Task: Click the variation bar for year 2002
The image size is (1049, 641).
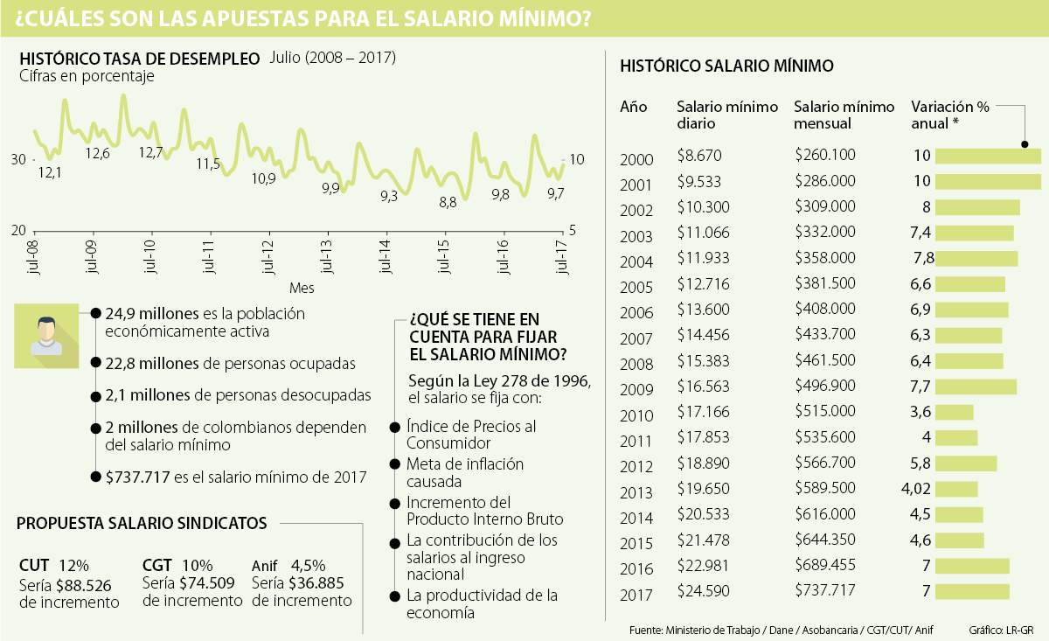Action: (977, 207)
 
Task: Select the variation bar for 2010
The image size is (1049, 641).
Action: (954, 412)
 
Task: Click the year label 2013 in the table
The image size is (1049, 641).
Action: (636, 492)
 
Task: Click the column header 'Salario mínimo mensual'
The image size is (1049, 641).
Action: (844, 115)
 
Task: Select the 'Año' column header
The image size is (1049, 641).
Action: (633, 107)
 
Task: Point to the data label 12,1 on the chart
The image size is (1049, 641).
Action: (50, 172)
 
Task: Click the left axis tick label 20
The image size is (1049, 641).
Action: (17, 230)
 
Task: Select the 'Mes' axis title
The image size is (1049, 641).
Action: (302, 287)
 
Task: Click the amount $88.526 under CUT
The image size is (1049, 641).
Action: (86, 584)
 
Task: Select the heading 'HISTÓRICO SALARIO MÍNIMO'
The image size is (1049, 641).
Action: (726, 66)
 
